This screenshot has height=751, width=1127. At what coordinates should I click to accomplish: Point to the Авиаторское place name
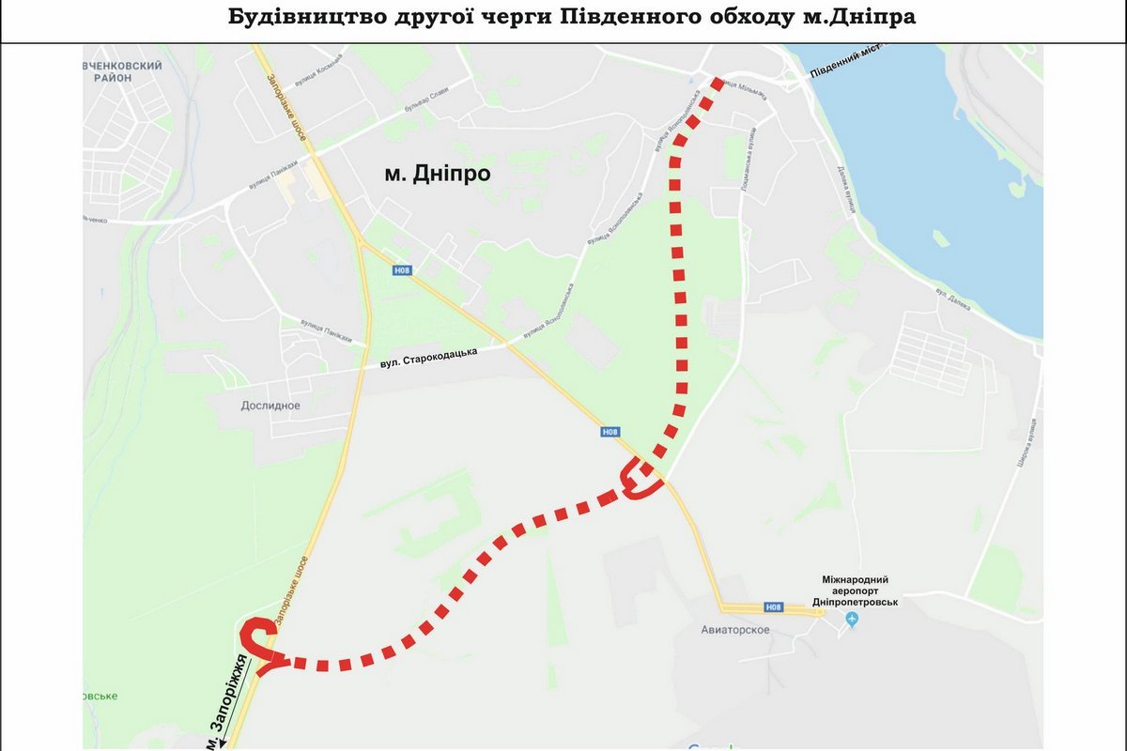click(735, 629)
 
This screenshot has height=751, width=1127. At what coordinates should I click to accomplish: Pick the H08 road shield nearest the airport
click(773, 606)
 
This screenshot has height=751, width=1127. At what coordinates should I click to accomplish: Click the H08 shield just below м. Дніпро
click(402, 271)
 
